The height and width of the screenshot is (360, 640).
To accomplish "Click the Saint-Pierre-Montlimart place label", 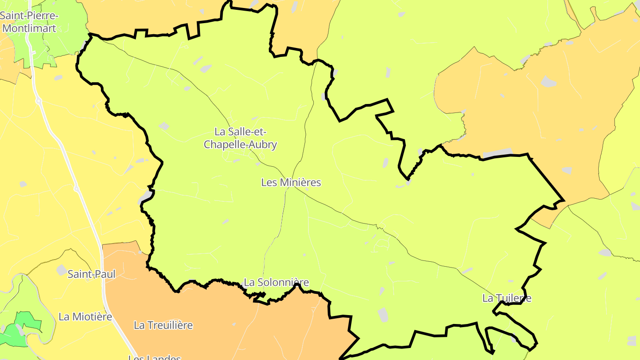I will coord(29,22).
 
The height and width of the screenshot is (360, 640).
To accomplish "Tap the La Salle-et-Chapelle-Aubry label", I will coord(240,138).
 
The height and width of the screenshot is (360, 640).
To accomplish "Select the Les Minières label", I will coord(291,182).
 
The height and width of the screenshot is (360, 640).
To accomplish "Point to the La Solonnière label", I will coord(276,282).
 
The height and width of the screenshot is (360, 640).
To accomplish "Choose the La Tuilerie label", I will coord(507,298).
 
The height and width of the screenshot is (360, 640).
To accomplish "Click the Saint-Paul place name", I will coord(92,274).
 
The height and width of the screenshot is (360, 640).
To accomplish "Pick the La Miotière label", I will coord(85,317).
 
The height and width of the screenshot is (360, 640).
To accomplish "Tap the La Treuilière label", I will coord(164,325).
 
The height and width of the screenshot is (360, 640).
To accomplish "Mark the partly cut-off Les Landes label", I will coord(155,357).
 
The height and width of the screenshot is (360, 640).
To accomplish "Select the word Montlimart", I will coord(29,28).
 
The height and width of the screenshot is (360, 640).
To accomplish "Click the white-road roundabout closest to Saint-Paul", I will coord(76,189).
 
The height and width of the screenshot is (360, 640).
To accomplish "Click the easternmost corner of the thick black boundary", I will coord(564,200).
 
